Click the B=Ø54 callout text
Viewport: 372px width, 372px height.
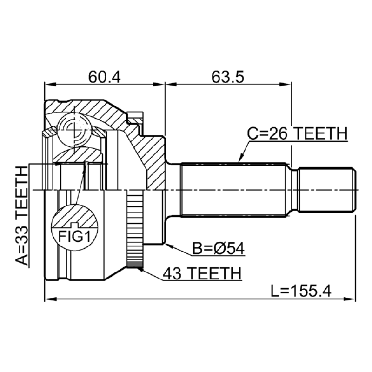click(219, 250)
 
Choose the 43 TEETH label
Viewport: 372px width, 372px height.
click(201, 273)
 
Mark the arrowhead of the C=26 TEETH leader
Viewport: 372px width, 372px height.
click(240, 160)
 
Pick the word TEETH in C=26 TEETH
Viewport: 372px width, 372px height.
click(320, 134)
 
